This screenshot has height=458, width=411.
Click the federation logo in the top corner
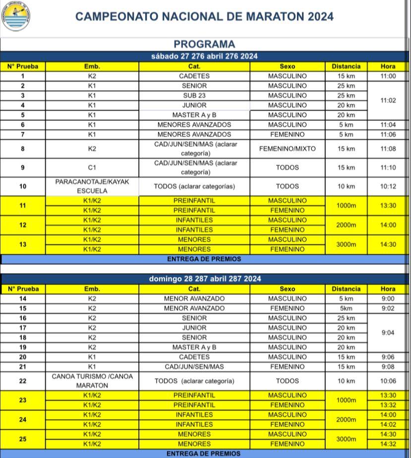pos(16,16)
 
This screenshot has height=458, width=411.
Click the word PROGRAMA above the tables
pos(204,44)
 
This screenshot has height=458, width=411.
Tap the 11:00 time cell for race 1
pos(388,76)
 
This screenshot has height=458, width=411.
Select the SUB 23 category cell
pos(194,96)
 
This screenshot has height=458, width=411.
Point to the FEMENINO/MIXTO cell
pos(287,149)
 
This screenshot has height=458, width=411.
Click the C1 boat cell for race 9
pos(92,168)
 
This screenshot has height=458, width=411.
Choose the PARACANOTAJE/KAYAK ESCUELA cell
pos(92,186)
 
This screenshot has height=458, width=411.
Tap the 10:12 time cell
pos(388,186)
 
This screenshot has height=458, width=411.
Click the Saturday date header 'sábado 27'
pos(204,57)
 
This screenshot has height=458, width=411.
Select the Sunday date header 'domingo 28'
pos(204,279)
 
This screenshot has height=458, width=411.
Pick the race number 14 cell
pos(22,299)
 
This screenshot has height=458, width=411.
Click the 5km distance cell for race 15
pos(346,308)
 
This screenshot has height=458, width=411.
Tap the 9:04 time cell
pos(388,333)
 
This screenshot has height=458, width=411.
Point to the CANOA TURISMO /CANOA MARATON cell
pos(92,381)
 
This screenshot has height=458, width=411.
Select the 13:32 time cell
pos(388,405)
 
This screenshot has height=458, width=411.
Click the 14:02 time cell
pos(388,424)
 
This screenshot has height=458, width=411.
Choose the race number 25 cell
pos(22,439)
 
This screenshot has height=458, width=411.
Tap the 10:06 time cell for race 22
pos(388,381)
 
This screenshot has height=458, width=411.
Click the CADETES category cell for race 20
pos(194,357)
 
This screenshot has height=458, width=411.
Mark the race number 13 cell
pos(22,244)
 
